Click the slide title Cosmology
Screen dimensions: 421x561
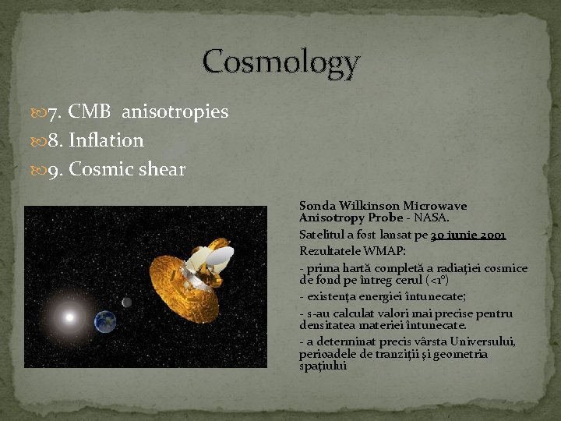point(281,62)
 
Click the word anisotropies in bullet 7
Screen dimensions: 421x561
point(175,112)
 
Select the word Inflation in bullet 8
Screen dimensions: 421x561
point(106,140)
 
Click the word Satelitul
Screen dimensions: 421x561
point(323,234)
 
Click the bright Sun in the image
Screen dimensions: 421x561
point(69,317)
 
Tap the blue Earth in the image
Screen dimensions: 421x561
point(104,320)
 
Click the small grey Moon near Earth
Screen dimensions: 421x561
point(127,302)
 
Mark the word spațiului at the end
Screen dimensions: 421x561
point(323,366)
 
